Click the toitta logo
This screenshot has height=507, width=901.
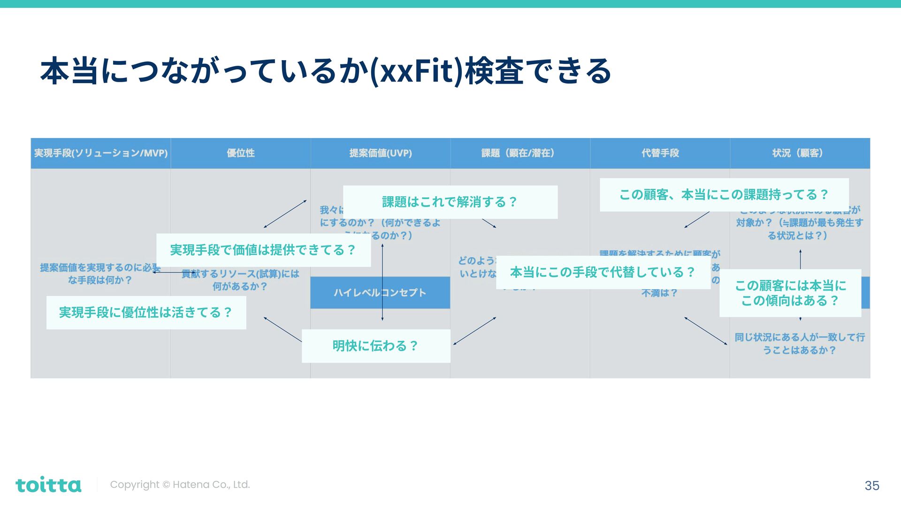[x=48, y=485]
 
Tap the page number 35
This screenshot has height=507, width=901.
[x=871, y=485]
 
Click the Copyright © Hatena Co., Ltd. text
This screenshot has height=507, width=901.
[x=180, y=484]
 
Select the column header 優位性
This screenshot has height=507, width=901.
[x=241, y=153]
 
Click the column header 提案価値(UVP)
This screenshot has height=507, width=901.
[x=380, y=153]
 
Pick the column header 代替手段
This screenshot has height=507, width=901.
[x=660, y=153]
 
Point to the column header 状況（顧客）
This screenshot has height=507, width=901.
[x=799, y=153]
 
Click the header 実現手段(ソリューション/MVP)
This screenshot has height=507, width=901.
[x=101, y=153]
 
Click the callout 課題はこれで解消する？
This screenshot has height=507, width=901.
[x=450, y=202]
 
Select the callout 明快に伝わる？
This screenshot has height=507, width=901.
[x=375, y=346]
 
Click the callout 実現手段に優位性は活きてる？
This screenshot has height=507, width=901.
[x=146, y=313]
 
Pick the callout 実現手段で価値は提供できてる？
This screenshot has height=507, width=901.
[x=263, y=250]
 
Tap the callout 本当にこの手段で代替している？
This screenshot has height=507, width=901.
[x=603, y=272]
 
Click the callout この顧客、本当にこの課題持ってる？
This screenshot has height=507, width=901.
[x=724, y=194]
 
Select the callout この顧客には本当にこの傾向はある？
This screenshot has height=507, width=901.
[x=790, y=293]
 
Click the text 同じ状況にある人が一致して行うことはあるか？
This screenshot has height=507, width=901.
[x=799, y=344]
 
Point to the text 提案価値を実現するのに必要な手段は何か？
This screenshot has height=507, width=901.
[x=99, y=274]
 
